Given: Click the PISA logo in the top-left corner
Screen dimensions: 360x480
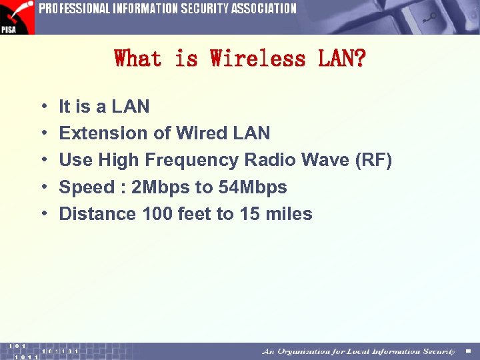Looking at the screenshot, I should pos(16,17).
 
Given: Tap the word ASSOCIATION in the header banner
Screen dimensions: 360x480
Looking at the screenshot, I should pos(263,9).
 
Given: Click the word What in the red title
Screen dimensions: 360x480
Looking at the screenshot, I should pos(138,59).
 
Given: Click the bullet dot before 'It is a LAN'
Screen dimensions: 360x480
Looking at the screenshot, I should pos(43,107).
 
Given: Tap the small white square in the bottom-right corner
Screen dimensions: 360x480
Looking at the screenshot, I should pos(468,351).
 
